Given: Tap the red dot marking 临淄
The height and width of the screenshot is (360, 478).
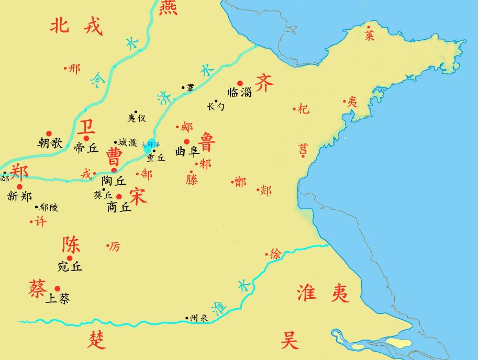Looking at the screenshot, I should pos(240,83).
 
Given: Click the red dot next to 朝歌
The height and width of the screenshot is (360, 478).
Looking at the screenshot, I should pos(49,133).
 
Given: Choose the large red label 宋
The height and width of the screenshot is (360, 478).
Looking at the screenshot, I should pos(137,196).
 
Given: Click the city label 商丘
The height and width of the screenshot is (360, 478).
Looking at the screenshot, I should pos(118,207).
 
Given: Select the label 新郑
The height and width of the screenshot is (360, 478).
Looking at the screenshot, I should pos(20,196).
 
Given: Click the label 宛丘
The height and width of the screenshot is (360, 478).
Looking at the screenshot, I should pos(70,266).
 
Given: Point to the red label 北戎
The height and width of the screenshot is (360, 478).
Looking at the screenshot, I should pos(76,25).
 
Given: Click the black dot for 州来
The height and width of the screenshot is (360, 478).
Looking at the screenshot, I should pos(187,318).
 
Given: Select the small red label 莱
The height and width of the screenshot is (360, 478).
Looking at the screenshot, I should pos(370,35).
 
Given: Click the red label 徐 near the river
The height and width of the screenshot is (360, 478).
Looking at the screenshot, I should pos(276,254).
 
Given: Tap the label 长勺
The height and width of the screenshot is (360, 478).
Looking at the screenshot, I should pos(216,106).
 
